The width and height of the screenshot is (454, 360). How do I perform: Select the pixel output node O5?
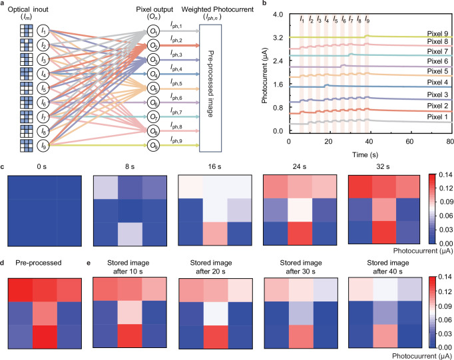pos(152,88)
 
